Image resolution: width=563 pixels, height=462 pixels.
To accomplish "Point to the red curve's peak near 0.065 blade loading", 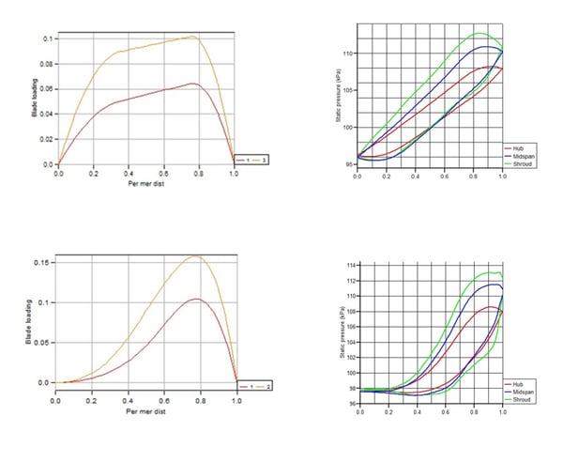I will click(x=192, y=84).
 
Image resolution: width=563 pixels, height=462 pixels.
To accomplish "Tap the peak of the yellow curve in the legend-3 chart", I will click(x=192, y=37).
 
